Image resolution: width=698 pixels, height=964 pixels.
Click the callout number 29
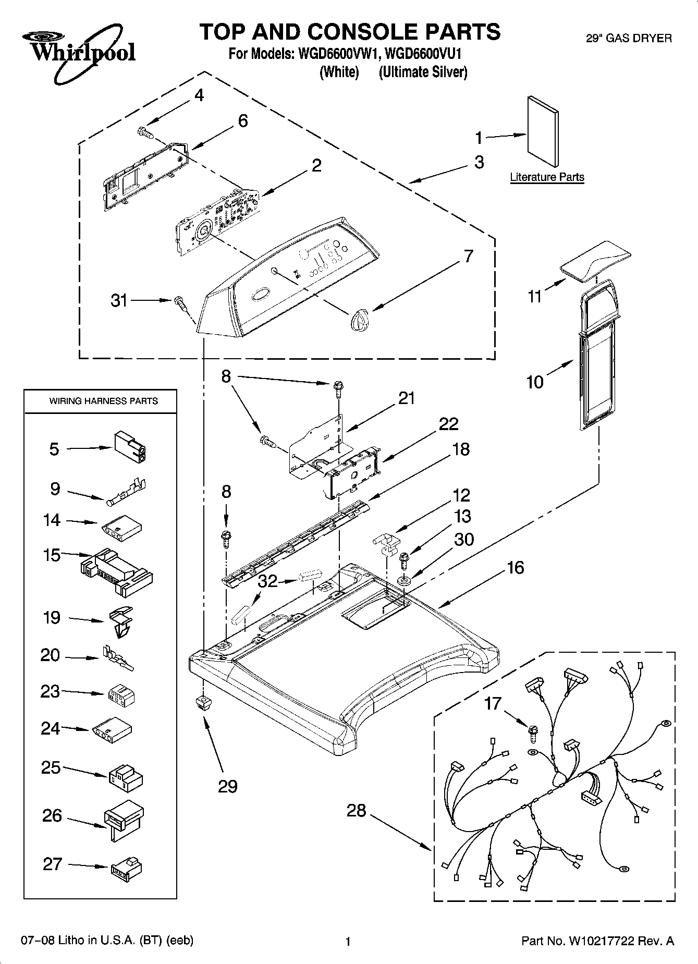228,786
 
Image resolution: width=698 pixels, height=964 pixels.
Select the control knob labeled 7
359,318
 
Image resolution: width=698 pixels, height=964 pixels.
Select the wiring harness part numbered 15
117,571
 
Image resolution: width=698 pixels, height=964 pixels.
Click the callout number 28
356,811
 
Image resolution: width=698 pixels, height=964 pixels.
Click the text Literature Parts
547,177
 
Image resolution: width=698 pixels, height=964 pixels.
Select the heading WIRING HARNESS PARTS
103,401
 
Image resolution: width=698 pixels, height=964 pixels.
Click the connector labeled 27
126,867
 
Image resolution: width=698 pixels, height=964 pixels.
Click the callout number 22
448,423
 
